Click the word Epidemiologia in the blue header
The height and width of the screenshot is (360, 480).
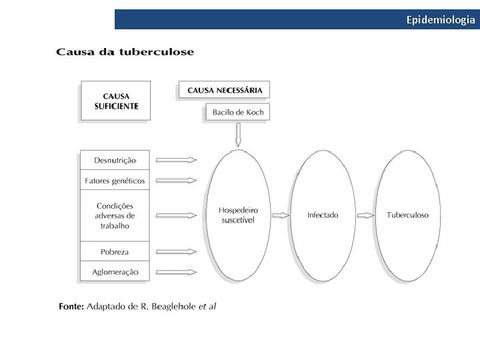coord(441,19)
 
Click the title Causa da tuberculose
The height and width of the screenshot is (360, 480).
coord(125,52)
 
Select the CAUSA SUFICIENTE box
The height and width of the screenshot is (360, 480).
coord(116,101)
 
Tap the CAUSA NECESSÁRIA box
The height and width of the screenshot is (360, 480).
coord(225,90)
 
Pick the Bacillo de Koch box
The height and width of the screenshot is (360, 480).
coord(238,112)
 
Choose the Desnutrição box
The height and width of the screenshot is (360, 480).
coord(115,160)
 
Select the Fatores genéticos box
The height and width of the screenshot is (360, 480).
coord(115,180)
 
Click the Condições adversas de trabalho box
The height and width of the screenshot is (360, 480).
coord(115,215)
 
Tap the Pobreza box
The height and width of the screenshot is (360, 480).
coord(115,252)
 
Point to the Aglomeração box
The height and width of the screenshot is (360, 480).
coord(115,271)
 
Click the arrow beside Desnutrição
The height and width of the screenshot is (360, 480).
coord(176,159)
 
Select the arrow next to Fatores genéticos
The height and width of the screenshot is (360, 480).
coord(176,180)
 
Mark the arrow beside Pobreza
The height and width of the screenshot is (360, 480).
coord(176,252)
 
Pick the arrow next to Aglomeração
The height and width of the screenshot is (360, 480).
coord(176,271)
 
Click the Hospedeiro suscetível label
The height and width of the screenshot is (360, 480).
coord(238,215)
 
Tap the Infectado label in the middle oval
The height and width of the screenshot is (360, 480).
coord(323,215)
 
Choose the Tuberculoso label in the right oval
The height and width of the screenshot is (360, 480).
coord(407,215)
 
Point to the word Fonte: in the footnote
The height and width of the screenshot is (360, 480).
coord(71,307)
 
